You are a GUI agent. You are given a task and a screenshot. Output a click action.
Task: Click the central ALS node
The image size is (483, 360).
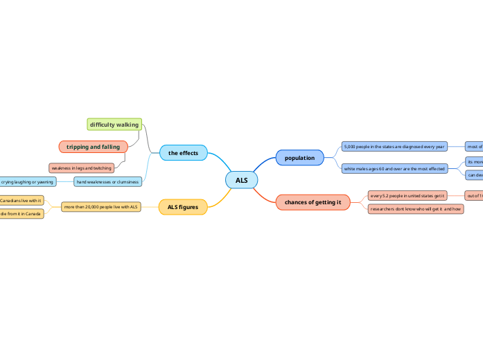coord(241,181)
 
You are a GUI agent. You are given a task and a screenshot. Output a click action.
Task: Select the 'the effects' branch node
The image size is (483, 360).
coord(183,153)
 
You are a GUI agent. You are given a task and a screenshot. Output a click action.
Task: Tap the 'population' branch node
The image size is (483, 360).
coord(299,158)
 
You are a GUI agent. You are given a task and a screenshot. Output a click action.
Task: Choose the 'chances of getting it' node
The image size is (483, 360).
coord(313,202)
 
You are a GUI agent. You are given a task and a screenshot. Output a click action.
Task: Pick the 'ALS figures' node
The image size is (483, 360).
coord(182,206)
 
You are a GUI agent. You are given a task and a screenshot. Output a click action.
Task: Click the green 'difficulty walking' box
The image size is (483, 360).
coord(114,125)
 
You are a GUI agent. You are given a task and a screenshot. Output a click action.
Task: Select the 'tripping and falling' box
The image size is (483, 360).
coord(93,147)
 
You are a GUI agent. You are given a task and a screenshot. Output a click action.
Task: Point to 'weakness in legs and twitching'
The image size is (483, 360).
coord(81,168)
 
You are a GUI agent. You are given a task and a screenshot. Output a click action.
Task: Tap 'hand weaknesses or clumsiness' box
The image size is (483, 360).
coord(107,182)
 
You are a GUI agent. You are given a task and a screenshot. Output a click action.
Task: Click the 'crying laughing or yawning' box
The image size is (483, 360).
coord(28,182)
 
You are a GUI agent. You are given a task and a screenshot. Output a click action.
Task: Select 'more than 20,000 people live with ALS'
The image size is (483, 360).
coord(100,206)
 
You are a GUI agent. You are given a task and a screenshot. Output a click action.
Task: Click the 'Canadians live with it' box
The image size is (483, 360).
coord(21,200)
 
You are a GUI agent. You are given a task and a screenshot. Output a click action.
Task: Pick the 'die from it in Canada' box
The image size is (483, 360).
coord(21,214)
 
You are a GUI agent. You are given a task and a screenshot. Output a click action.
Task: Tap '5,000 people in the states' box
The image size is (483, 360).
coord(394,147)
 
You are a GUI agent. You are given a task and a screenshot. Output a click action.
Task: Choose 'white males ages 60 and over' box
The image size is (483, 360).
coord(394,169)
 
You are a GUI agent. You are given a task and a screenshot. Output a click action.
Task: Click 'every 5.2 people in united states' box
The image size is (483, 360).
coord(407,196)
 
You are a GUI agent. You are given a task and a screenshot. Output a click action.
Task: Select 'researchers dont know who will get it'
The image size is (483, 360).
coord(415,208)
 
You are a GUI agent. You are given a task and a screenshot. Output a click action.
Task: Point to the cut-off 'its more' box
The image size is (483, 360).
coord(475,161)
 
